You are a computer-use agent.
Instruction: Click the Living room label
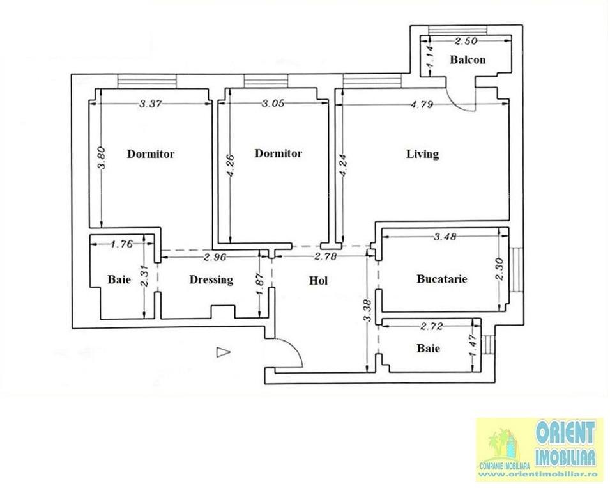coord(422,154)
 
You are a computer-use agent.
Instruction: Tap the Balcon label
coord(468,59)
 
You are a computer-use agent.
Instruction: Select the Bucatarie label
coord(442,279)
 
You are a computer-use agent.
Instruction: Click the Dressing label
coord(211,279)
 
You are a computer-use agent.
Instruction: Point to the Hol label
coord(318,280)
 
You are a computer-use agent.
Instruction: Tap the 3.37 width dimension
coord(151,104)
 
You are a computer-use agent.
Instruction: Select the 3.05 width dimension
coord(273,103)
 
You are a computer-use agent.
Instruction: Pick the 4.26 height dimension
coord(231,166)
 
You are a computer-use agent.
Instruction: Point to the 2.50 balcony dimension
coord(466,40)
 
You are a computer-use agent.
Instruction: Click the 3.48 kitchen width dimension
coord(445,237)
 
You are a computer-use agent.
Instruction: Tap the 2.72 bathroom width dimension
coord(431,326)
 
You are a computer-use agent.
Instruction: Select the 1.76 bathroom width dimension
coord(122,244)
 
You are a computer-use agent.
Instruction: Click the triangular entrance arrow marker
coord(223,352)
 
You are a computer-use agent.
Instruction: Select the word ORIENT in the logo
coord(565,432)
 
